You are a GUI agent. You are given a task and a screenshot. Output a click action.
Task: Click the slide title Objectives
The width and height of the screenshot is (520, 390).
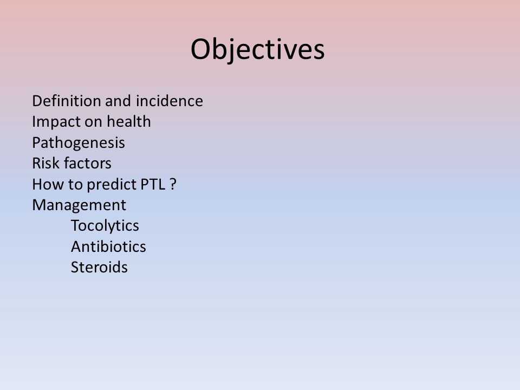pyautogui.click(x=258, y=50)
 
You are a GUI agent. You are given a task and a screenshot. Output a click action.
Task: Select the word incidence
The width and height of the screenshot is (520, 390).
pyautogui.click(x=170, y=101)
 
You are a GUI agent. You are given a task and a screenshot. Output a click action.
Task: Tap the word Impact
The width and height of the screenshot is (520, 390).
pyautogui.click(x=56, y=122)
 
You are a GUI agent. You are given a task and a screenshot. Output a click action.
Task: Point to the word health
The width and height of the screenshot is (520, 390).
pyautogui.click(x=129, y=121)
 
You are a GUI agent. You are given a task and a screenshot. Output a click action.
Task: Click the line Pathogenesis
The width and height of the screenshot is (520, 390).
pyautogui.click(x=79, y=143)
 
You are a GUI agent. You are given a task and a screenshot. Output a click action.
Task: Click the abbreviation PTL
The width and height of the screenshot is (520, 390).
pyautogui.click(x=153, y=184)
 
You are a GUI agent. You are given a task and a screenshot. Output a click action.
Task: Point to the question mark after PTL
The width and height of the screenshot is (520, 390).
pyautogui.click(x=173, y=184)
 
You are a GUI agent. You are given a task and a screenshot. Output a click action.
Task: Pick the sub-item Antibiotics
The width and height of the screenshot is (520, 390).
pyautogui.click(x=108, y=247)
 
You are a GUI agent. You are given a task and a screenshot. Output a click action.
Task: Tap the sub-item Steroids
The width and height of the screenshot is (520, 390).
pyautogui.click(x=99, y=267)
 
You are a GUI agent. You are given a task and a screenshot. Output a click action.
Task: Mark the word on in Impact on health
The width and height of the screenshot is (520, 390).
pyautogui.click(x=93, y=122)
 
